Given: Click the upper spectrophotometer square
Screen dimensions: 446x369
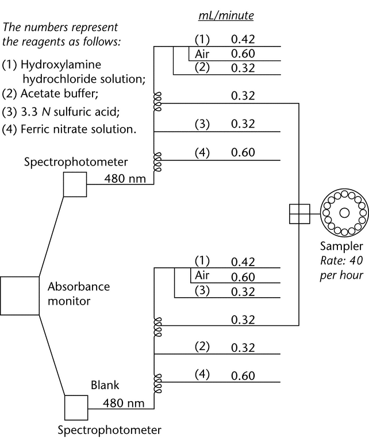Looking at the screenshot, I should click(x=74, y=185).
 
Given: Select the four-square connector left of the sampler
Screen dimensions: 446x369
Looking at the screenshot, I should click(x=299, y=213).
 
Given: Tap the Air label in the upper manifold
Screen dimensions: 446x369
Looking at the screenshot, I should click(x=201, y=53).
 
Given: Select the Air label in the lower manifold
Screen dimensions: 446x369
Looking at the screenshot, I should click(x=201, y=276).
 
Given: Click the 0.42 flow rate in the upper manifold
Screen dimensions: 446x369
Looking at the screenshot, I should click(x=243, y=40).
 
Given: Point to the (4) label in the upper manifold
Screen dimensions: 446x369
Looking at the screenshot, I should click(x=202, y=152).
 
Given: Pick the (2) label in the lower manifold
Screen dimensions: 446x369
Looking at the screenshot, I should click(x=202, y=347).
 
